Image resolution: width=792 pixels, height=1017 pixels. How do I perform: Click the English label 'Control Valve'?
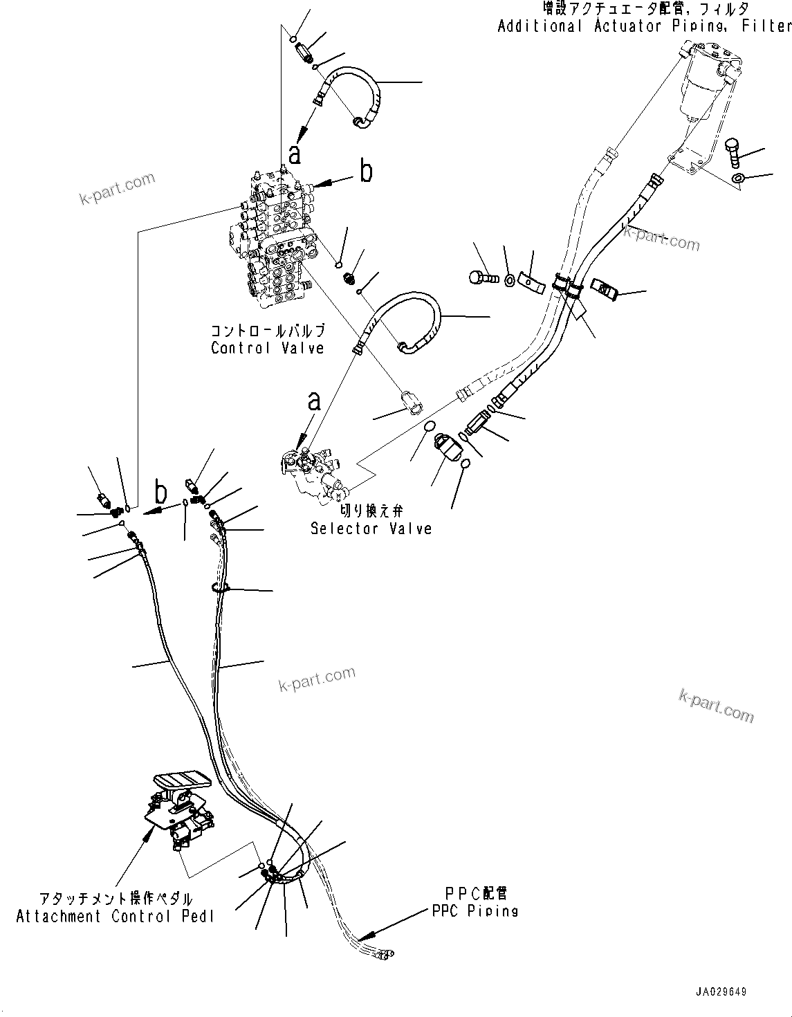point(267,347)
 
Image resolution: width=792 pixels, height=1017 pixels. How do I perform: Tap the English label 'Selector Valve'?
point(371,529)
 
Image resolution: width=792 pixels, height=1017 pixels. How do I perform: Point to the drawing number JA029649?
point(721,991)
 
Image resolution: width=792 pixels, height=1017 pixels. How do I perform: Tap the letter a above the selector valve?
point(315,401)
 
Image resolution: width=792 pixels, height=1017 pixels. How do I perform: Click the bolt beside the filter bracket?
point(734,152)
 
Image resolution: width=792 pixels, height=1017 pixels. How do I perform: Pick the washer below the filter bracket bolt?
point(738,179)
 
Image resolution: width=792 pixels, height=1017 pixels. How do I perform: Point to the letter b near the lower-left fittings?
point(160,493)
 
